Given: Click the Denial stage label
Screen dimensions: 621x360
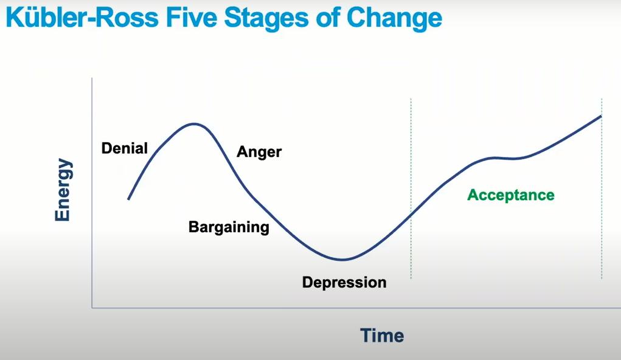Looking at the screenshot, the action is click(124, 148).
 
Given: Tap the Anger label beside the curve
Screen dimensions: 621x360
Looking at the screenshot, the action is click(259, 151).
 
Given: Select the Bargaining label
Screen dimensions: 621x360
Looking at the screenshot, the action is click(229, 227).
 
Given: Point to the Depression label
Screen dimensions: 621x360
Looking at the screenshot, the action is click(344, 282).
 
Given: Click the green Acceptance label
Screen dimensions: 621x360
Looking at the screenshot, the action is click(511, 195).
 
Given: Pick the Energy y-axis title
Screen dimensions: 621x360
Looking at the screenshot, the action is click(63, 190).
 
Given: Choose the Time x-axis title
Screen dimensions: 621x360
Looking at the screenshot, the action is click(382, 336).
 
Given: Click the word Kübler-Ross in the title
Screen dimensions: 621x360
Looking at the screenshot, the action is click(82, 18).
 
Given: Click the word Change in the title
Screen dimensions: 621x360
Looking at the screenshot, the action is click(395, 18).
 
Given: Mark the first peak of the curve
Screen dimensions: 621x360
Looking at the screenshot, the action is click(194, 124).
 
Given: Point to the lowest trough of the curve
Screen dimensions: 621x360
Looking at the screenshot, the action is click(342, 260).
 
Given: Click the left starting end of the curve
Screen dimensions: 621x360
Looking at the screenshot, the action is click(128, 199).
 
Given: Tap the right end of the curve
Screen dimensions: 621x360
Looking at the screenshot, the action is click(601, 116).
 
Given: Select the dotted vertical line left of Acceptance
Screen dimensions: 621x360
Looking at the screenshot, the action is click(411, 189).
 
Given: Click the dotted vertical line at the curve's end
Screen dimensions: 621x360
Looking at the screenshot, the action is click(602, 189).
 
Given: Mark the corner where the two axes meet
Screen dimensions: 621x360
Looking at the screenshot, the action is click(92, 307).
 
